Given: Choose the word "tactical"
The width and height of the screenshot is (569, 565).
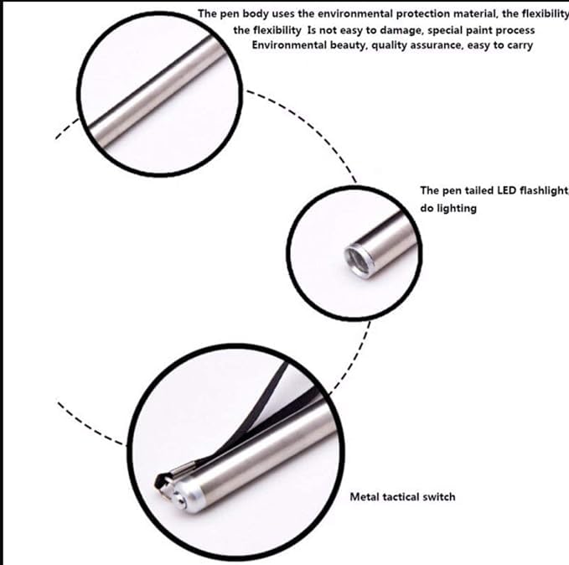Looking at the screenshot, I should pos(404,497).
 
